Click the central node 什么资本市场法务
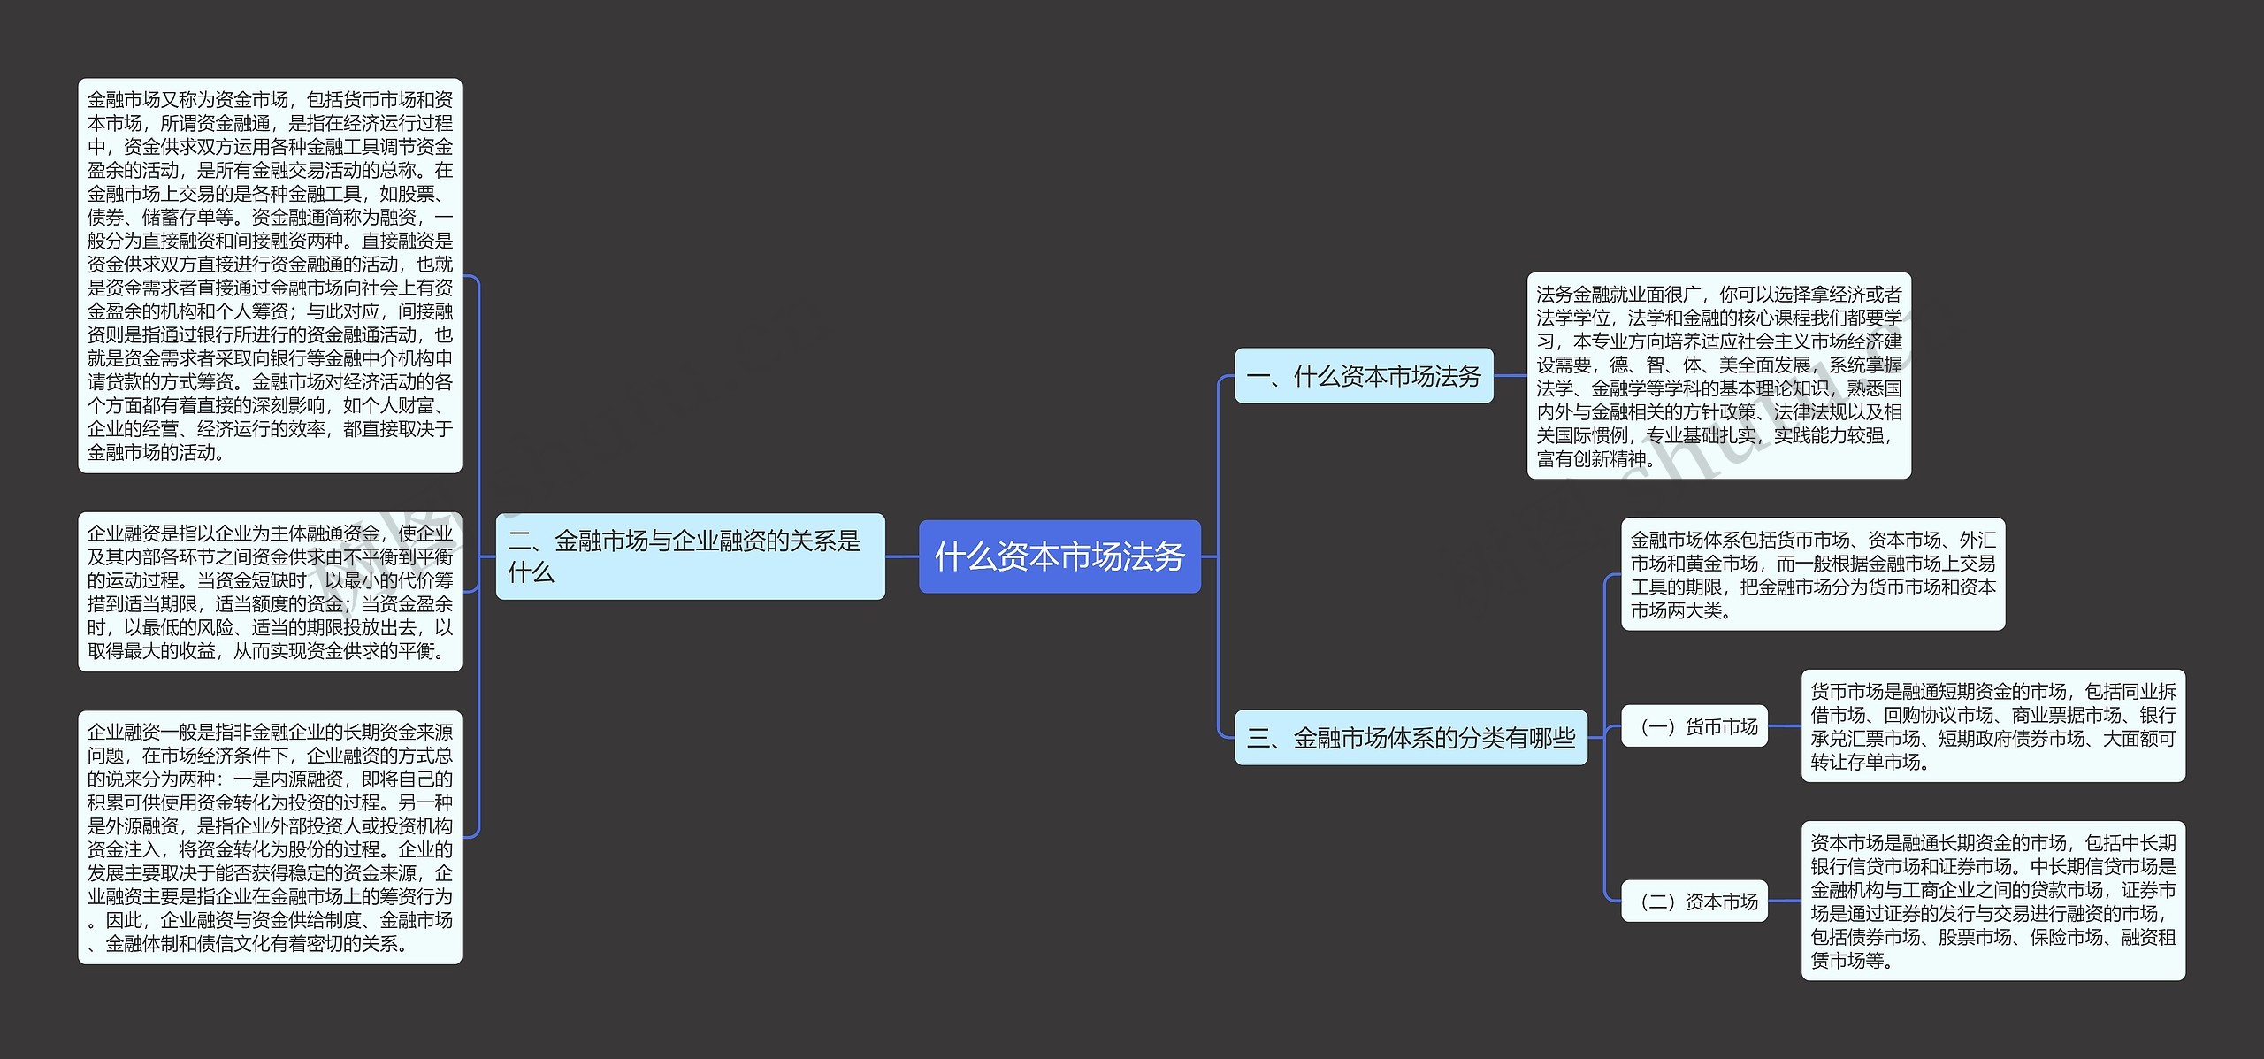1059,556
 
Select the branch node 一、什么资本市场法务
1364,376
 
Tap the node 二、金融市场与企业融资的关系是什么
690,556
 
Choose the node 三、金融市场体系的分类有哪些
1411,737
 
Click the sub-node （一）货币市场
1694,726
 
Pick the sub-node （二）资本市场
1694,902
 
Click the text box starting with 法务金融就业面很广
1718,376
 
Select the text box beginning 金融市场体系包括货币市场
1812,574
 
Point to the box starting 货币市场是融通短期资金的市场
1992,725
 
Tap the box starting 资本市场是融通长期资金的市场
1992,901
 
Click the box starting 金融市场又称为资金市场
270,275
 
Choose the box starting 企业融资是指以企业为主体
270,592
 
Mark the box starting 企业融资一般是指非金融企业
270,837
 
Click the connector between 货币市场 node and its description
1785,726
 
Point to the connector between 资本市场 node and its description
1785,902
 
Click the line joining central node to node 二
902,556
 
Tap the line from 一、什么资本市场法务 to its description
1511,376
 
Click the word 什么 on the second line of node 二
531,573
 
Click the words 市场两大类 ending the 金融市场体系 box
1677,610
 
